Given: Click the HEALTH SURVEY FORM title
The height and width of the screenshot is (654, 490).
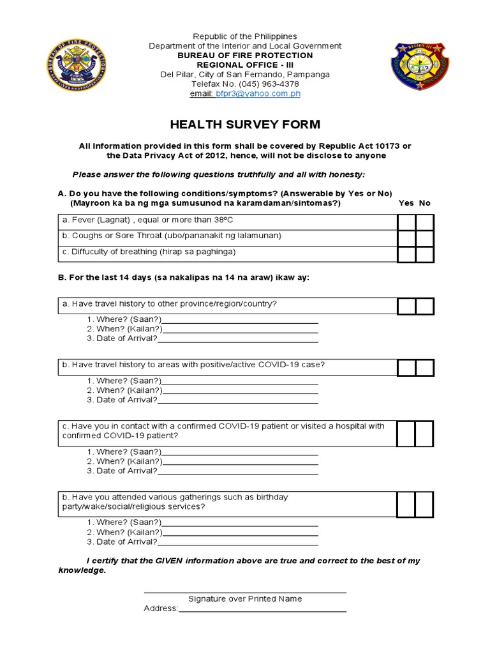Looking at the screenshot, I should (x=245, y=125).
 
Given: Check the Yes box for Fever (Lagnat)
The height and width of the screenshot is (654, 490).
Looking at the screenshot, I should (x=406, y=222).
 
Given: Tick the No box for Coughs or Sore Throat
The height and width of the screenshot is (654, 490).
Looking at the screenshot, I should (x=425, y=238).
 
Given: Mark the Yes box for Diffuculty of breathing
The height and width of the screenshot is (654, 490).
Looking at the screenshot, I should (x=406, y=254).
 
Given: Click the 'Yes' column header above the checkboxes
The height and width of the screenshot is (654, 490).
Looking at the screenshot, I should (x=406, y=203).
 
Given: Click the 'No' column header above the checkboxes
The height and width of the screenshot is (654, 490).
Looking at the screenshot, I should (x=425, y=203).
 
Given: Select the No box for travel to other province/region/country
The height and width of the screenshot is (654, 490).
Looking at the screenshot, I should (x=425, y=306).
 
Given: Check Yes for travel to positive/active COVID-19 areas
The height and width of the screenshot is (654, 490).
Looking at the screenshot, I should (x=406, y=367).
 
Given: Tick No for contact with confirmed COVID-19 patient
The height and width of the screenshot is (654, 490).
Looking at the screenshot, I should (x=425, y=433).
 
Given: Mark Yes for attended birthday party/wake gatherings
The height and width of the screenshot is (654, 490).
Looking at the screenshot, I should (x=406, y=504).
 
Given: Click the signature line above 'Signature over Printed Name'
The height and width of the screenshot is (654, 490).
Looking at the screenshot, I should (x=245, y=591).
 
